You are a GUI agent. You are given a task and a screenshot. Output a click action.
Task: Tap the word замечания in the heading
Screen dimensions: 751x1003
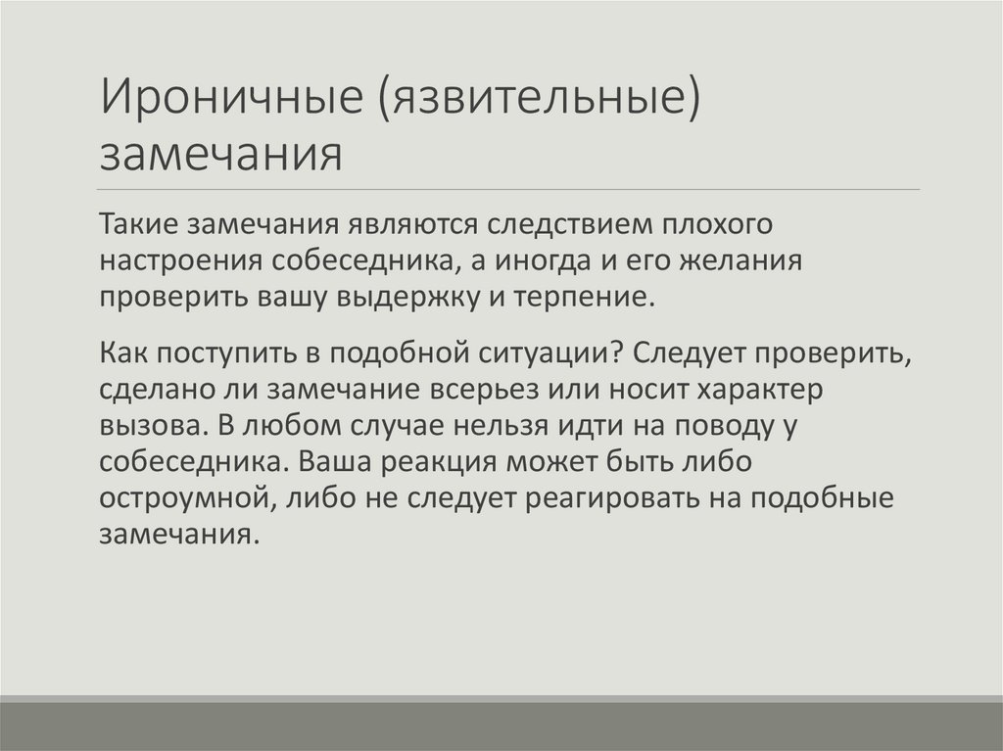pyautogui.click(x=221, y=154)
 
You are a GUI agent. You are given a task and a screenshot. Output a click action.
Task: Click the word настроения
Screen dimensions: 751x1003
pyautogui.click(x=179, y=260)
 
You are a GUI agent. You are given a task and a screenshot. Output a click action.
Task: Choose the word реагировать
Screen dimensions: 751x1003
pyautogui.click(x=612, y=498)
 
